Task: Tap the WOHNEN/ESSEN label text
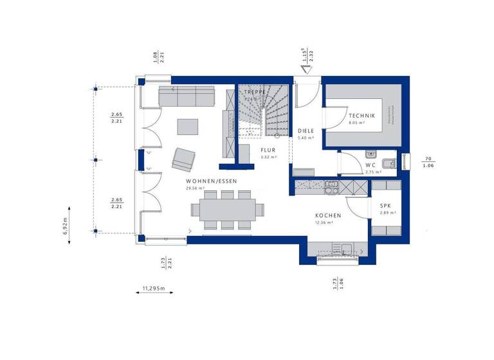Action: (210, 181)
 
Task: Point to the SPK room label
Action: (385, 205)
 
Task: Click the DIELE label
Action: (305, 130)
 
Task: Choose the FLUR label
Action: (268, 150)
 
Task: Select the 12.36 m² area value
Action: (324, 222)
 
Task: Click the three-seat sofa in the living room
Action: (187, 97)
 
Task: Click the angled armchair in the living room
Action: (184, 158)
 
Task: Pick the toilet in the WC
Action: (389, 163)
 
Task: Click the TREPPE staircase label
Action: (255, 93)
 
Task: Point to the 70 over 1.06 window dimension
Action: (427, 161)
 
